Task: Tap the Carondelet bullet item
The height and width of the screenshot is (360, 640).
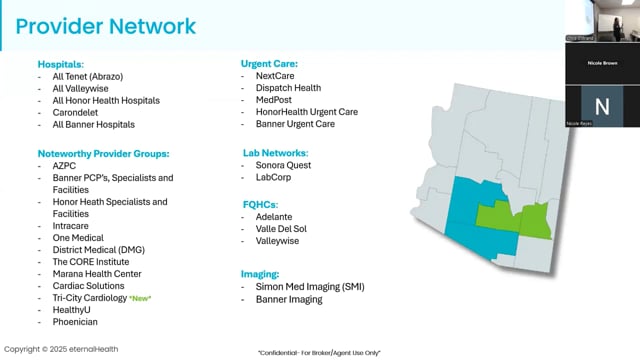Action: coord(76,113)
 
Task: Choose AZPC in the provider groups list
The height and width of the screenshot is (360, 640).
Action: coord(65,166)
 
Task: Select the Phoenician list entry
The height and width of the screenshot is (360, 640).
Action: coord(76,323)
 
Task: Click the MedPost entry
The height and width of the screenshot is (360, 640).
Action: coord(279,100)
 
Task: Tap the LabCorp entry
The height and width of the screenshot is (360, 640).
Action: coord(280,178)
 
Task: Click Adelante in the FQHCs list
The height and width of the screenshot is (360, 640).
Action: coord(281,215)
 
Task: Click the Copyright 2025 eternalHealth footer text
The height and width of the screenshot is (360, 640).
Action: coord(63,349)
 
